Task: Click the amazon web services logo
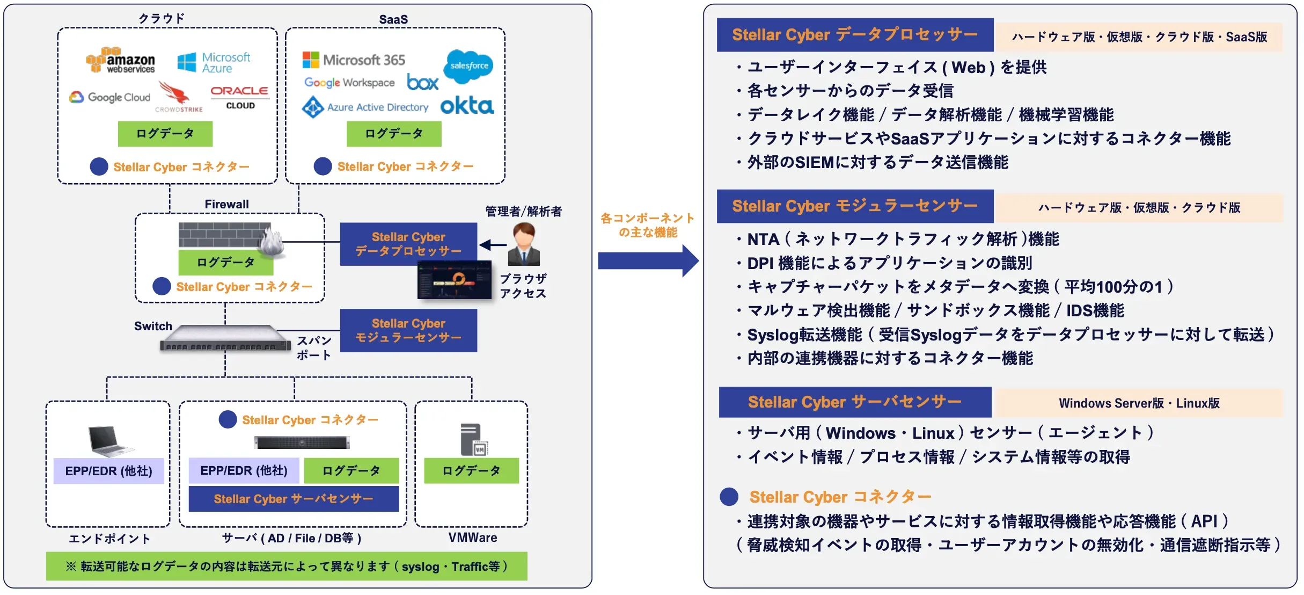[x=121, y=60]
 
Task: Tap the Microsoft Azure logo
[x=214, y=62]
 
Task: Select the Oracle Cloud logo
[x=239, y=97]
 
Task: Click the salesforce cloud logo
[x=468, y=66]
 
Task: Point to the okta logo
[x=467, y=105]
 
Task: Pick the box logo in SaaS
[x=422, y=82]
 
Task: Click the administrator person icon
[x=524, y=245]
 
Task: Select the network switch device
[x=224, y=339]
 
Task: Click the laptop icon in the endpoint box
[x=110, y=440]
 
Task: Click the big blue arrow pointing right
[x=648, y=260]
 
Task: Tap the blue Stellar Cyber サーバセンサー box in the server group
[x=294, y=499]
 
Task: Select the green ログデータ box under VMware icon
[x=471, y=470]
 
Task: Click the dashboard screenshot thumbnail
[x=455, y=280]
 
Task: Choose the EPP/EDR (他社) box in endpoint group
[x=108, y=471]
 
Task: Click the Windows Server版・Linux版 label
[x=1139, y=403]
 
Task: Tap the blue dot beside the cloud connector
[x=99, y=166]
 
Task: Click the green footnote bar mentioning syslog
[x=287, y=566]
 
